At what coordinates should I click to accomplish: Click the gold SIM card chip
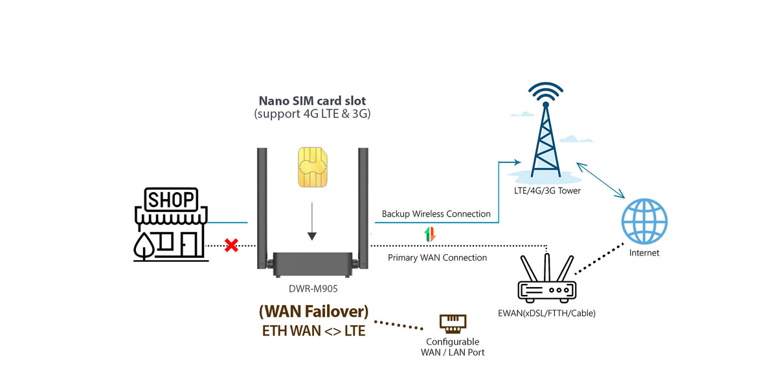point(313,167)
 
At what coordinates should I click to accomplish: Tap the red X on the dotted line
point(231,245)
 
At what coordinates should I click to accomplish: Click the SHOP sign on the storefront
point(172,199)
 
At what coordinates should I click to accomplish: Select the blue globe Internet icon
point(644,221)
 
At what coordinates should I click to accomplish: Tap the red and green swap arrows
point(430,234)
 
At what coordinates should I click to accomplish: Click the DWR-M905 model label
point(313,288)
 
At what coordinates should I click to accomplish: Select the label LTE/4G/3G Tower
point(547,191)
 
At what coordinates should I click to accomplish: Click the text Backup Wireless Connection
point(436,214)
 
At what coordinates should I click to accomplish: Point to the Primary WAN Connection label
point(437,257)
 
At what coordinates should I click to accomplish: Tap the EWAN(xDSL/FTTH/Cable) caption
point(546,313)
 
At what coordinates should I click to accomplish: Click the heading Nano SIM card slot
point(312,101)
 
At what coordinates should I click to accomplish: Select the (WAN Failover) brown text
point(313,311)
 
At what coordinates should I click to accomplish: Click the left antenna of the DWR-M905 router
point(262,208)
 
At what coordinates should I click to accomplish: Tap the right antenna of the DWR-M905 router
point(363,208)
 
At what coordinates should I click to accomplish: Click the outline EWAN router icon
point(546,278)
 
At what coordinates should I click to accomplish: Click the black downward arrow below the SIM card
point(312,222)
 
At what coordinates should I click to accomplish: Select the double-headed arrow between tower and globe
point(600,180)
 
